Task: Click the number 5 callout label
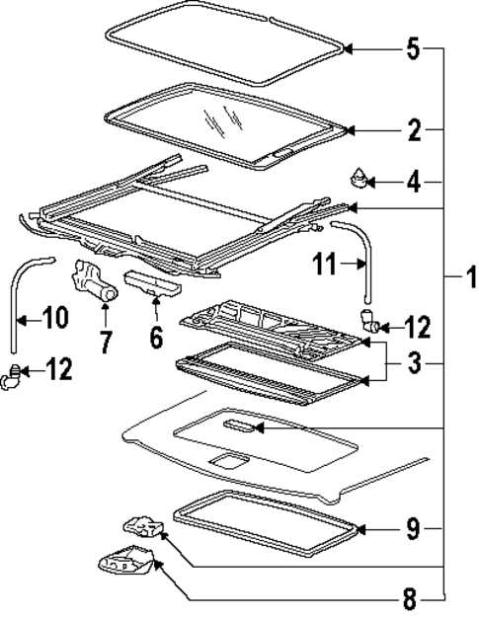click(x=414, y=47)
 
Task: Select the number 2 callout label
click(x=414, y=129)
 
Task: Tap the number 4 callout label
click(x=414, y=182)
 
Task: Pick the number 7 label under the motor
click(x=106, y=343)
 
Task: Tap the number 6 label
click(x=155, y=336)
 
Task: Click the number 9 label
click(x=416, y=529)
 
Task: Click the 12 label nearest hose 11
click(x=416, y=326)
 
